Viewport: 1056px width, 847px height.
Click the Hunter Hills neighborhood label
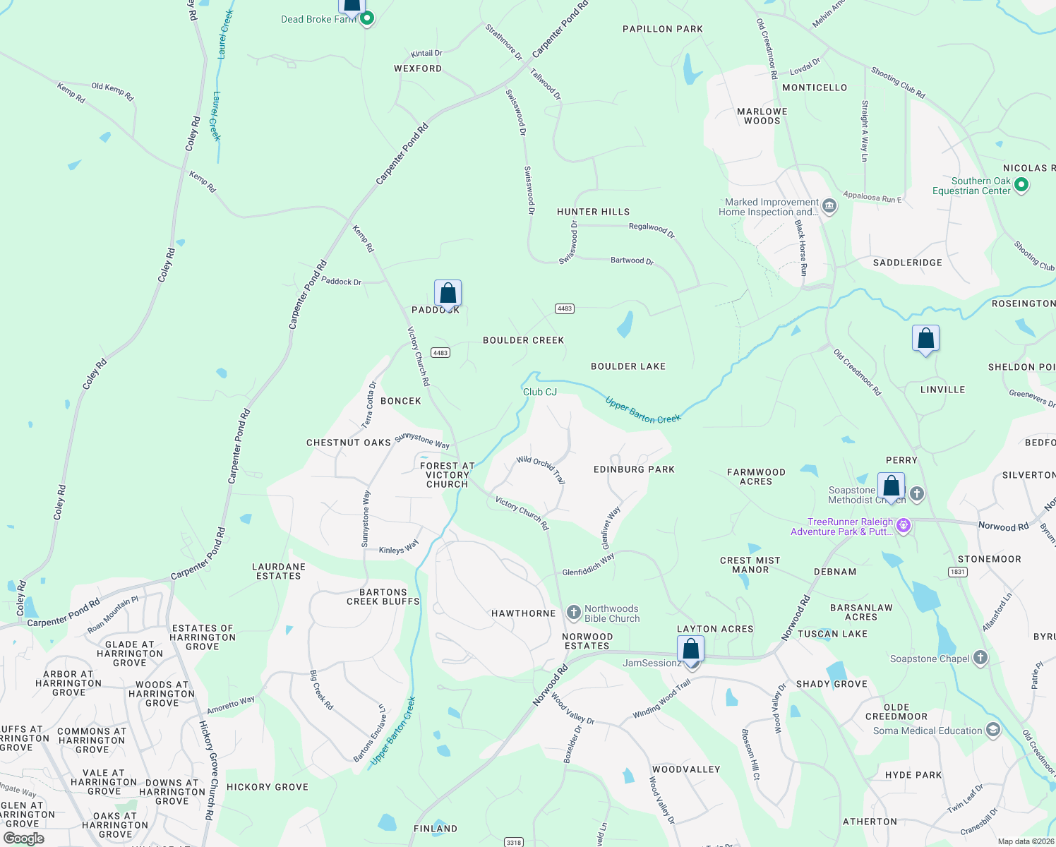tap(593, 212)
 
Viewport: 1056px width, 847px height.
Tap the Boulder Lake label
tap(628, 366)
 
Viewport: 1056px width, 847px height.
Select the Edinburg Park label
tap(634, 469)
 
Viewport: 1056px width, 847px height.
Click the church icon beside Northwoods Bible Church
tap(574, 612)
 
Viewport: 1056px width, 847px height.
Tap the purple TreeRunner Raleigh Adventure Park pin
tap(903, 525)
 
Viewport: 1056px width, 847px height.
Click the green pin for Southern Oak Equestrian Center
tap(1021, 186)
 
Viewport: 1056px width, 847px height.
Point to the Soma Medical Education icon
tap(993, 730)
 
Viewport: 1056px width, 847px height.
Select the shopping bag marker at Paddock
tap(448, 294)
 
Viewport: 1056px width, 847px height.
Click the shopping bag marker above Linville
tap(925, 339)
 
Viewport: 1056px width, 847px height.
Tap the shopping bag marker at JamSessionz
tap(690, 649)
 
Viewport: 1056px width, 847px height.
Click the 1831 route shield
tap(958, 572)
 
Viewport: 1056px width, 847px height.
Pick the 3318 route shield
tap(514, 842)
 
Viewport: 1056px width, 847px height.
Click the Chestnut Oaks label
tap(349, 443)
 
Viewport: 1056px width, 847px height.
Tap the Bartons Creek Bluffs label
tap(383, 597)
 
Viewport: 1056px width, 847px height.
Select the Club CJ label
tap(540, 392)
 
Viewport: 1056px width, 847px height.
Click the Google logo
tap(23, 839)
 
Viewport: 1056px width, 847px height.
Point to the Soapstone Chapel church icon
tap(980, 658)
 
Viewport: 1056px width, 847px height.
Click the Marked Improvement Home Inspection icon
tap(829, 206)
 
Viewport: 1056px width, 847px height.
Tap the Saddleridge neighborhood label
tap(907, 263)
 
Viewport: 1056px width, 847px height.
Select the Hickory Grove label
tap(268, 787)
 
